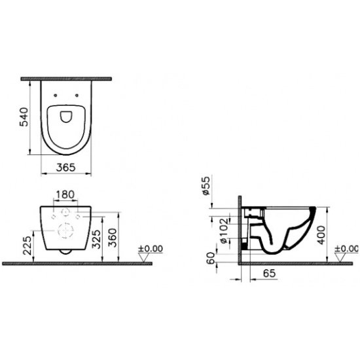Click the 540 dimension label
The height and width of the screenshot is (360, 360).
[x=24, y=117]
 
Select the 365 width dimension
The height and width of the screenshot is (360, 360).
[x=65, y=168]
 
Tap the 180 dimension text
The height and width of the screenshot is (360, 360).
[x=65, y=194]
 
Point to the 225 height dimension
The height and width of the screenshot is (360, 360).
[x=27, y=245]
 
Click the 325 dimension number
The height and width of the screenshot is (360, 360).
[x=96, y=239]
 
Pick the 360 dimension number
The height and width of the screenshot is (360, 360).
[x=113, y=238]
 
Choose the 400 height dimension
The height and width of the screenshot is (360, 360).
[x=321, y=235]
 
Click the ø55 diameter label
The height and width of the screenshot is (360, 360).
[x=206, y=185]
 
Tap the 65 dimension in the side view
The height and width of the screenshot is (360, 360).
[x=269, y=273]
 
